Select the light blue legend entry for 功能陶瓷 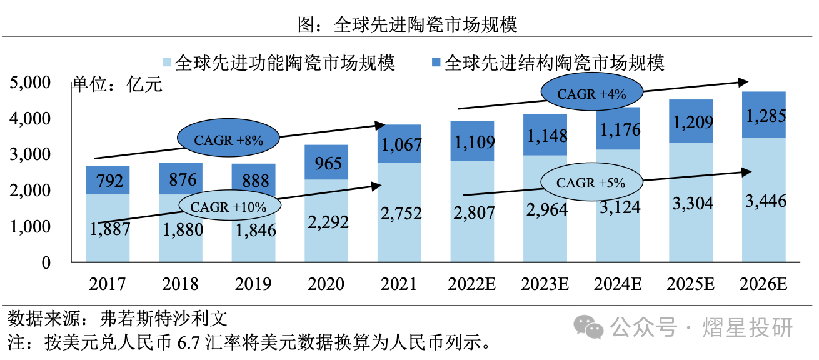click(278, 63)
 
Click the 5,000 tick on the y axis click(29, 82)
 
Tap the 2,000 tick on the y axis click(29, 191)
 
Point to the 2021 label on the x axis click(399, 284)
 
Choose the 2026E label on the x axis click(763, 284)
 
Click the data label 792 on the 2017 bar click(108, 182)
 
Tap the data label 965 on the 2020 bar click(326, 164)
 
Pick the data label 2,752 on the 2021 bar click(399, 213)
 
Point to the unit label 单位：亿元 click(117, 84)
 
